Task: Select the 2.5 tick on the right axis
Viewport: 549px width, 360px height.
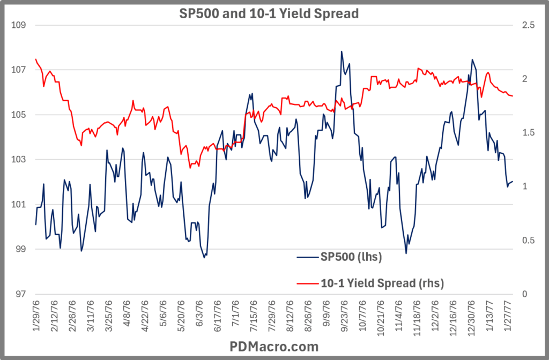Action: tap(528, 25)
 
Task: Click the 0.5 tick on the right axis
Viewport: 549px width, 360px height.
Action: tap(528, 241)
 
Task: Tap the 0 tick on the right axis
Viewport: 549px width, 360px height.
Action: tap(524, 294)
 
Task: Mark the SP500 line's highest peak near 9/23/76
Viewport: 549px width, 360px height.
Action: tap(342, 51)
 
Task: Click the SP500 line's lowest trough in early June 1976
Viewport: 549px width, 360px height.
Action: tap(204, 258)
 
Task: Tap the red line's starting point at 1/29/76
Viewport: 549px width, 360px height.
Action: tap(36, 59)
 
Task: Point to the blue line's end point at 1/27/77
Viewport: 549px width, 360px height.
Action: tap(513, 182)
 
